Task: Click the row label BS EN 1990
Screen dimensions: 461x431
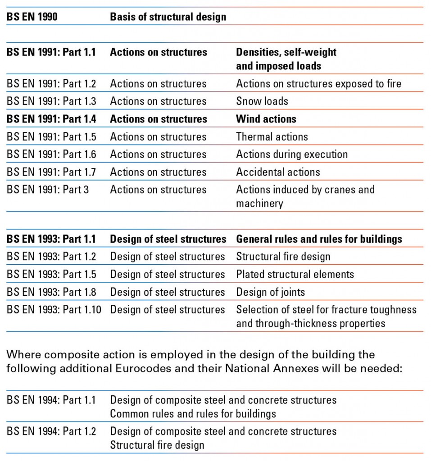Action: tap(32, 17)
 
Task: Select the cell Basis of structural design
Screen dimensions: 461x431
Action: tap(168, 17)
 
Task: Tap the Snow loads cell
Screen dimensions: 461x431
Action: tap(262, 101)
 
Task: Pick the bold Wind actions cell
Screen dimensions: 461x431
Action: tap(266, 119)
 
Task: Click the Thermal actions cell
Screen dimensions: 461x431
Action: tap(272, 136)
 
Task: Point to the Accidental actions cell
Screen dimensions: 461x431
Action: tap(278, 172)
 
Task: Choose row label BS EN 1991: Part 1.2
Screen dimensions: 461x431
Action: tap(51, 83)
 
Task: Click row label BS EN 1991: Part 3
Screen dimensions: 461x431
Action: tap(48, 190)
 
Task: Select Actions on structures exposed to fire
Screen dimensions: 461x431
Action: tap(318, 83)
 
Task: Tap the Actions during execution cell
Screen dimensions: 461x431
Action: tap(292, 154)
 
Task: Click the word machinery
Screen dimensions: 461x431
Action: tap(259, 203)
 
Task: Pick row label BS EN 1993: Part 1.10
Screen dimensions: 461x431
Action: tap(54, 309)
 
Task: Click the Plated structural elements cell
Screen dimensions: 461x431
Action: tap(295, 274)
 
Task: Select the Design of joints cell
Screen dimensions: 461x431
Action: tap(270, 292)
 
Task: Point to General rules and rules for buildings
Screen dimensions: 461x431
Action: tap(319, 239)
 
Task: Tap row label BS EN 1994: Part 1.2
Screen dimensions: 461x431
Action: tap(51, 431)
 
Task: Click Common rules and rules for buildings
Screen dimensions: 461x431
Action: tap(193, 413)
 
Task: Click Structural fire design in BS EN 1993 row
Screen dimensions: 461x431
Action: tap(283, 257)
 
